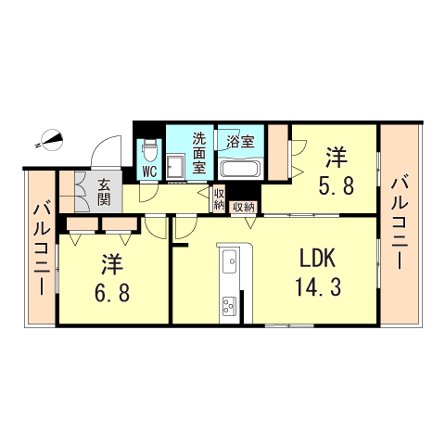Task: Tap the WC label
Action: click(149, 172)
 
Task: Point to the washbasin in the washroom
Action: click(176, 169)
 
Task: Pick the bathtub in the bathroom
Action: click(241, 169)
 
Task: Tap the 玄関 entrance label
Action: click(104, 192)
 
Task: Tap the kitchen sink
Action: click(228, 262)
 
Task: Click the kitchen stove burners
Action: click(228, 304)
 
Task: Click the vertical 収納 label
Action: click(219, 198)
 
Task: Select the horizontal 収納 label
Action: click(244, 207)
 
